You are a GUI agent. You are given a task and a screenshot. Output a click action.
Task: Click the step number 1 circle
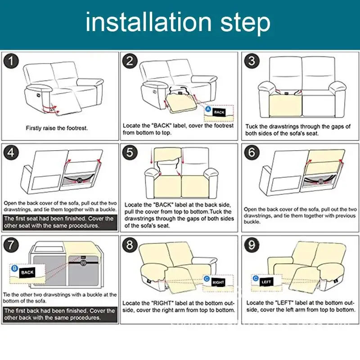pyautogui.click(x=11, y=61)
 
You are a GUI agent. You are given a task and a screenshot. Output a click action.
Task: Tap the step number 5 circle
pyautogui.click(x=130, y=152)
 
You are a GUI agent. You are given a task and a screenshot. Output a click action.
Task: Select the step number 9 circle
pyautogui.click(x=252, y=245)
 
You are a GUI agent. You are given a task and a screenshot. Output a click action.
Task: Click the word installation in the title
pyautogui.click(x=148, y=22)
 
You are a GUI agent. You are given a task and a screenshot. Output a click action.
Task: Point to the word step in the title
pyautogui.click(x=245, y=24)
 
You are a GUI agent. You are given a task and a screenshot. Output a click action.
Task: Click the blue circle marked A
pyautogui.click(x=208, y=109)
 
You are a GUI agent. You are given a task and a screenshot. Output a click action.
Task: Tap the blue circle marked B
pyautogui.click(x=14, y=268)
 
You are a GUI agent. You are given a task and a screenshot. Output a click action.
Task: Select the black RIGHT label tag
pyautogui.click(x=218, y=282)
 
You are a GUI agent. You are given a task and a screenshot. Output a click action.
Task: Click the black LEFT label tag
pyautogui.click(x=266, y=282)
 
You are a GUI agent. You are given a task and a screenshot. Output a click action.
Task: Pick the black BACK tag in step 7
pyautogui.click(x=27, y=273)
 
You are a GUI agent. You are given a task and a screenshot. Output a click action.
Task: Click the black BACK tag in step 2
pyautogui.click(x=219, y=112)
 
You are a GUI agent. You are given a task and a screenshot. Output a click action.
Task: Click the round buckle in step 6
pyautogui.click(x=320, y=181)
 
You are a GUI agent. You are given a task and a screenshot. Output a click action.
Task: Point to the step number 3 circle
pyautogui.click(x=252, y=61)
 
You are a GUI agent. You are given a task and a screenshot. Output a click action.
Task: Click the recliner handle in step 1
pyautogui.click(x=38, y=94)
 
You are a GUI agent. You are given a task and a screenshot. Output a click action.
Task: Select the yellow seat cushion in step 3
pyautogui.click(x=285, y=106)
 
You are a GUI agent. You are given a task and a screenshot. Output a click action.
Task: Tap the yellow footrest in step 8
pyautogui.click(x=178, y=281)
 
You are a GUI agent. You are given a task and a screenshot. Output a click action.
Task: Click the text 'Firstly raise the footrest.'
pyautogui.click(x=57, y=128)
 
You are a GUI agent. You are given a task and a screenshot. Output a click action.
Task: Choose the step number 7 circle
pyautogui.click(x=11, y=245)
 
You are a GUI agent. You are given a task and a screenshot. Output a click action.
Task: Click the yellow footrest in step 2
pyautogui.click(x=182, y=103)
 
